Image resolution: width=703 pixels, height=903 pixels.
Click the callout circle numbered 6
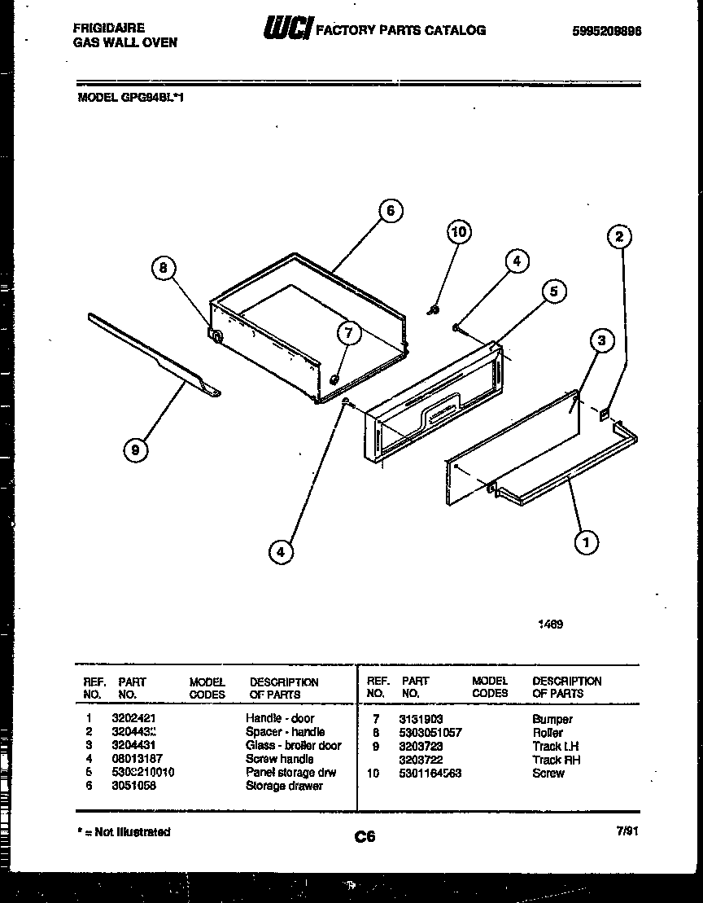pyautogui.click(x=390, y=211)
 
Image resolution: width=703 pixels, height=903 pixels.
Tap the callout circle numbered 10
pyautogui.click(x=459, y=232)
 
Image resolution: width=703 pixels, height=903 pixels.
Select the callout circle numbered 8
pyautogui.click(x=164, y=269)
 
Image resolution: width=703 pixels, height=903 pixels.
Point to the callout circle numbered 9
pyautogui.click(x=135, y=450)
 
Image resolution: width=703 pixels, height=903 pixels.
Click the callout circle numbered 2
pyautogui.click(x=619, y=237)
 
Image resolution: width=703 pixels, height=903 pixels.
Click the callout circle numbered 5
pyautogui.click(x=553, y=292)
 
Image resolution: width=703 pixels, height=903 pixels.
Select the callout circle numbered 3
pyautogui.click(x=600, y=340)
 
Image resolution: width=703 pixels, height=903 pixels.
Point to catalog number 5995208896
pyautogui.click(x=607, y=31)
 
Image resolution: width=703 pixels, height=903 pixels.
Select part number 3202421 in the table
pyautogui.click(x=133, y=718)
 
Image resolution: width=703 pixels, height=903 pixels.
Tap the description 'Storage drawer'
pyautogui.click(x=284, y=786)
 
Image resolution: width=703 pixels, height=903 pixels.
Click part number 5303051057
pyautogui.click(x=430, y=733)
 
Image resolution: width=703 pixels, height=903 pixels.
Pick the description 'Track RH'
pyautogui.click(x=556, y=760)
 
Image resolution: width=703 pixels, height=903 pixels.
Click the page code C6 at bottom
pyautogui.click(x=365, y=836)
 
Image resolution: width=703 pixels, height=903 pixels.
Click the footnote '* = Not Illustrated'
pyautogui.click(x=124, y=832)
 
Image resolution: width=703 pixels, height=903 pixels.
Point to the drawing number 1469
pyautogui.click(x=550, y=625)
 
